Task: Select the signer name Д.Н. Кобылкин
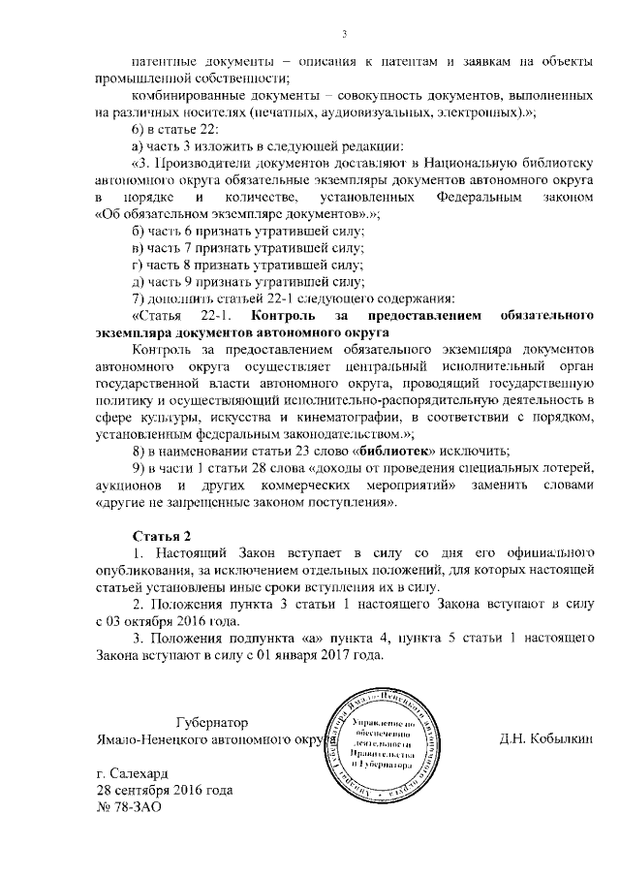point(545,739)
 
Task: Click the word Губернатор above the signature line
point(211,723)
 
